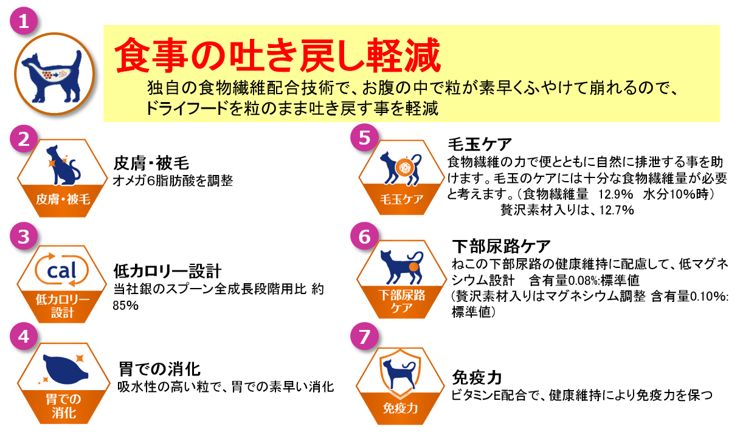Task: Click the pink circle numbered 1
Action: pyautogui.click(x=24, y=21)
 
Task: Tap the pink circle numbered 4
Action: pyautogui.click(x=24, y=337)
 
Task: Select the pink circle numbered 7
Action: pyautogui.click(x=364, y=337)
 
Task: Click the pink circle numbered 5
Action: pyautogui.click(x=364, y=137)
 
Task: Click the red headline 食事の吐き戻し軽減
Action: pyautogui.click(x=277, y=55)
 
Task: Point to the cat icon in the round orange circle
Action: pyautogui.click(x=53, y=77)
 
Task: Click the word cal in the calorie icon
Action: pyautogui.click(x=61, y=270)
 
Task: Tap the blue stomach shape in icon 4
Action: pyautogui.click(x=65, y=369)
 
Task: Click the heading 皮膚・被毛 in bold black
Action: pyautogui.click(x=151, y=163)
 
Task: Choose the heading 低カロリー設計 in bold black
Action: pyautogui.click(x=167, y=271)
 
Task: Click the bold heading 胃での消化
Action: pyautogui.click(x=159, y=369)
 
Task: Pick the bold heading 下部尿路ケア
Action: pyautogui.click(x=501, y=246)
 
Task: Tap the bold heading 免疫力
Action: pyautogui.click(x=477, y=377)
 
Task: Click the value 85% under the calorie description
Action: pyautogui.click(x=125, y=306)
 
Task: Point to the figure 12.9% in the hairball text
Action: pyautogui.click(x=615, y=194)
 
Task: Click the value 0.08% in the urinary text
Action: pyautogui.click(x=583, y=281)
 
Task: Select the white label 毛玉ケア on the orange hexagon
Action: pyautogui.click(x=401, y=199)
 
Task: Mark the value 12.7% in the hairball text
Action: pyautogui.click(x=617, y=210)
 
